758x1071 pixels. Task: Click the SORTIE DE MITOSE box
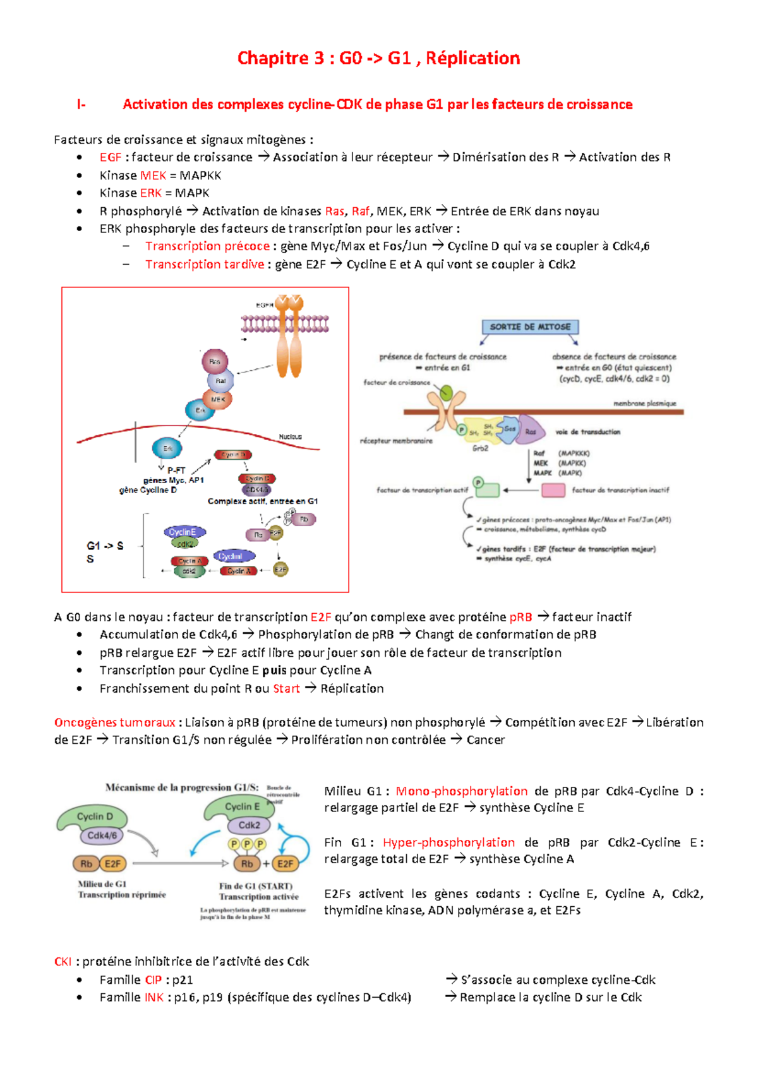[x=530, y=326]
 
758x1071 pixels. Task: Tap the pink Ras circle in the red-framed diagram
[x=215, y=362]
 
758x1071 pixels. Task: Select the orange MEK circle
[x=218, y=399]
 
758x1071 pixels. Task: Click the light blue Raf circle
[x=220, y=381]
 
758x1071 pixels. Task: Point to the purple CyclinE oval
[x=183, y=532]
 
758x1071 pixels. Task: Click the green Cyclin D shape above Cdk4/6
[x=93, y=818]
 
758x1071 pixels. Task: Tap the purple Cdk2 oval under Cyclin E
[x=249, y=825]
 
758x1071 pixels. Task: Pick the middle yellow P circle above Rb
[x=247, y=844]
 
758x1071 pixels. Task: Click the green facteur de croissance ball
[x=446, y=394]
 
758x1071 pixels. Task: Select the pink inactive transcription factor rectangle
[x=553, y=490]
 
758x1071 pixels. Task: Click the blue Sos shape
[x=508, y=429]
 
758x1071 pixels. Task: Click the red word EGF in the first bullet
[x=110, y=157]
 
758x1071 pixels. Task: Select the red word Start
[x=286, y=688]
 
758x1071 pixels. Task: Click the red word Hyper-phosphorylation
[x=448, y=842]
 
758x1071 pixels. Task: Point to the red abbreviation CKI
[x=63, y=962]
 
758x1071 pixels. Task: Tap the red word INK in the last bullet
[x=154, y=997]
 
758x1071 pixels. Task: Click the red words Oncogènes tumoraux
[x=114, y=722]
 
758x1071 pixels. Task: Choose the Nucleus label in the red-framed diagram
[x=291, y=436]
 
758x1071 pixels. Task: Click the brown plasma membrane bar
[x=543, y=412]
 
